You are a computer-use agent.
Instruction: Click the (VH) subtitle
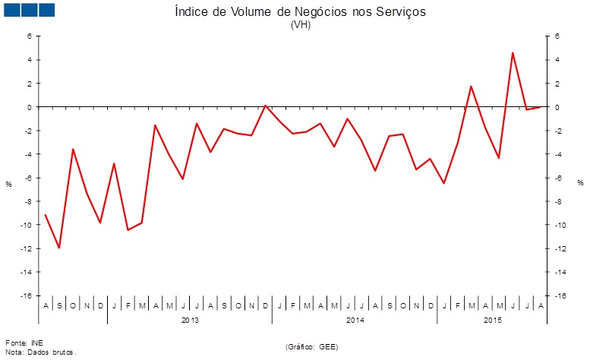pos(301,24)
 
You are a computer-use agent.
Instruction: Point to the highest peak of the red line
pos(513,52)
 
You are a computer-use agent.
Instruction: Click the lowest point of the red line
pos(59,248)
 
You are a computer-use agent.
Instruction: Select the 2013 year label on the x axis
pos(190,321)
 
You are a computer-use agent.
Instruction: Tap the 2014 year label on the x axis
pos(354,321)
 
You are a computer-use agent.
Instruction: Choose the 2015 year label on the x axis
pos(492,321)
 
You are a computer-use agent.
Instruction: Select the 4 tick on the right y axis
pos(556,59)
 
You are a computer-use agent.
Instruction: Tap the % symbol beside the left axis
pos(8,184)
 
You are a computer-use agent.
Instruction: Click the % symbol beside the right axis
pos(580,182)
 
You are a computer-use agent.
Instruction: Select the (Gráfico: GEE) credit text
pos(312,346)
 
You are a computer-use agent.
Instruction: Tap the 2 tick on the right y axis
pos(556,83)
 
